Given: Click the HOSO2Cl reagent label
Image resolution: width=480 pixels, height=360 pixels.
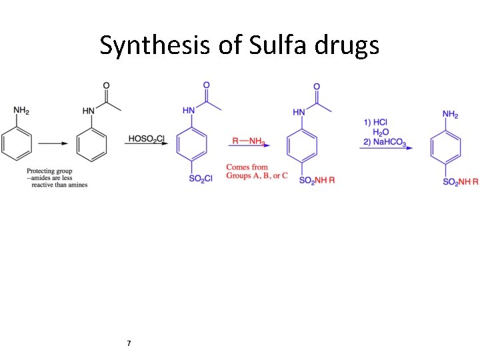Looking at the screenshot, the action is tap(147, 138).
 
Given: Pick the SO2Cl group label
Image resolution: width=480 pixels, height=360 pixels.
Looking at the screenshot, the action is tap(200, 179).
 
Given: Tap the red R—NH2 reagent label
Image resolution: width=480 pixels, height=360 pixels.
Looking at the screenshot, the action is tap(249, 141).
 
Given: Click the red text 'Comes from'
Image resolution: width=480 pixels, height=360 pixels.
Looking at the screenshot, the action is tap(247, 167).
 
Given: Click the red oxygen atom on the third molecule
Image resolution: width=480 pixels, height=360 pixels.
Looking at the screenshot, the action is tap(206, 85).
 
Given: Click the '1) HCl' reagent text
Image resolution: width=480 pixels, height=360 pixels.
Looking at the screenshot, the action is tap(376, 122).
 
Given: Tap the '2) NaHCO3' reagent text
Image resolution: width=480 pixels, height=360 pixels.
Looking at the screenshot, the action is tap(385, 142).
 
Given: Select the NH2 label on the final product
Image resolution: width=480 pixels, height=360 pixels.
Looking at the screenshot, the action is tap(450, 114).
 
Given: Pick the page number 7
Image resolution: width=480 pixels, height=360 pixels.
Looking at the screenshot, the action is tap(129, 343).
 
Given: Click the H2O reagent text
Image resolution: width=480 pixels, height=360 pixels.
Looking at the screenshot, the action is tap(381, 132).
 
